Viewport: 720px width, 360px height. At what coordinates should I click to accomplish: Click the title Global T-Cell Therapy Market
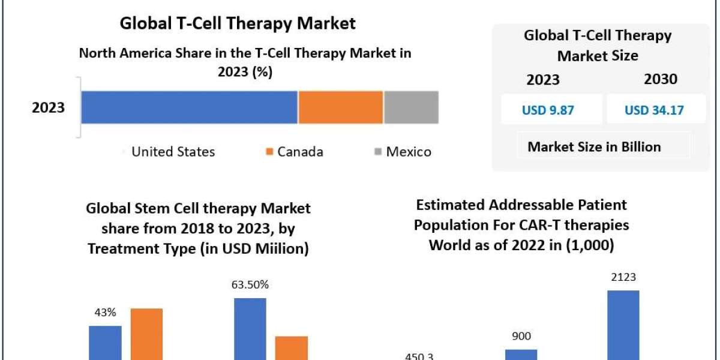[x=238, y=23]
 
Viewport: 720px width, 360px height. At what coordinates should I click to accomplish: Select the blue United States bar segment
[x=189, y=107]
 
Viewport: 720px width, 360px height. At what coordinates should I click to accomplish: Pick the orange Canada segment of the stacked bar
[x=340, y=107]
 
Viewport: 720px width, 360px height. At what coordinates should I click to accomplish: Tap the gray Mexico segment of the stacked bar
[x=411, y=107]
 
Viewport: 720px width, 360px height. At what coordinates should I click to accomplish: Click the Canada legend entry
[x=295, y=152]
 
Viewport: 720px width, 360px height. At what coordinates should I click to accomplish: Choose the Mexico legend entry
[x=402, y=152]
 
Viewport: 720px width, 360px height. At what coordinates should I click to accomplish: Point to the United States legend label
[x=173, y=152]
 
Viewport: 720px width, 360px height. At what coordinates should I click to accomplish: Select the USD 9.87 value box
[x=551, y=110]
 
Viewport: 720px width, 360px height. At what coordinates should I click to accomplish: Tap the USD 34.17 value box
[x=654, y=110]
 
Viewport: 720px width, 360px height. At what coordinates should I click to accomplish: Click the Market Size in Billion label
[x=594, y=146]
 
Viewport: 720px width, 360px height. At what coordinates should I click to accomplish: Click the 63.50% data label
[x=250, y=284]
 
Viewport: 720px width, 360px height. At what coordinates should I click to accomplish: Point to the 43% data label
[x=104, y=313]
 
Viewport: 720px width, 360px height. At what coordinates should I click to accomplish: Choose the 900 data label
[x=520, y=337]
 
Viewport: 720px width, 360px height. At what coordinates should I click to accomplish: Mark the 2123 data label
[x=623, y=277]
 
